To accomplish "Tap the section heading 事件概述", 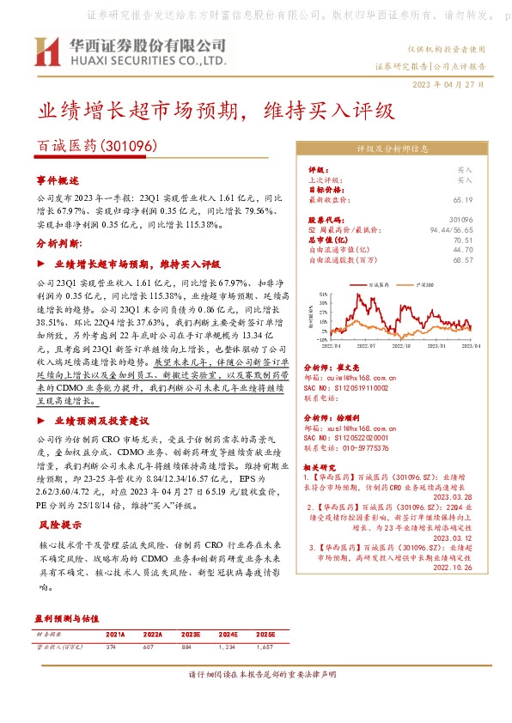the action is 57,181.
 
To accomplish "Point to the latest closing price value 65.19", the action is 463,199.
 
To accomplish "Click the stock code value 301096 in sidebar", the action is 460,221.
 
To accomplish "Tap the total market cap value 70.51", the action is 463,240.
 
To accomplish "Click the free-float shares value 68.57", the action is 463,259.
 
